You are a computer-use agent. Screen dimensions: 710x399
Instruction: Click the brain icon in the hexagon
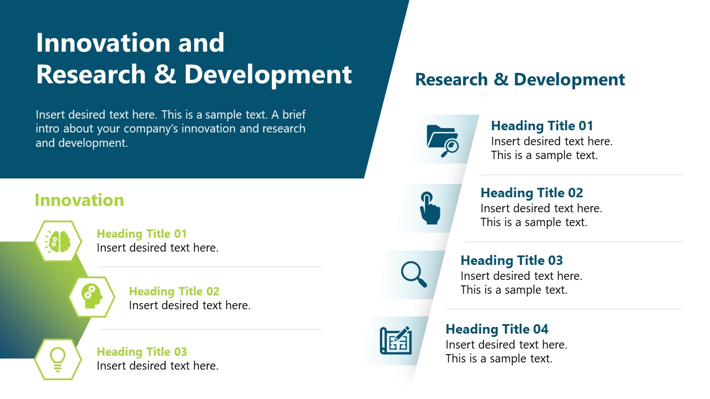[57, 242]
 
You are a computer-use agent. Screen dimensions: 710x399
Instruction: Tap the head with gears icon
[92, 296]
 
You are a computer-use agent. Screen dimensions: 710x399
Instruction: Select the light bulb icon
[58, 360]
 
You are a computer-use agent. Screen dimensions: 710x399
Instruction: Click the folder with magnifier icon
[443, 141]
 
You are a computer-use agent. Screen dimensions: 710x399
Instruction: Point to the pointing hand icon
[429, 208]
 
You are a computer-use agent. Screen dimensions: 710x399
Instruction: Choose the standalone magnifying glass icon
[414, 274]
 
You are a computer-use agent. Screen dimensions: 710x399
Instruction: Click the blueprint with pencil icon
[396, 340]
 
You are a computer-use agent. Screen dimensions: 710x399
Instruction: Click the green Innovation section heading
[79, 200]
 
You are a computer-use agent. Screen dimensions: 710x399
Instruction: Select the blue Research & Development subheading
[520, 79]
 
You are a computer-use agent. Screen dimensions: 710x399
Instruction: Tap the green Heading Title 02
[174, 291]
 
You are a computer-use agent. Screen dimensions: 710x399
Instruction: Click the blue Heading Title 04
[496, 329]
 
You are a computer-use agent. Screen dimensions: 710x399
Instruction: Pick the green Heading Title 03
[141, 352]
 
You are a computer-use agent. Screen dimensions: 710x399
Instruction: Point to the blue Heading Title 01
[542, 126]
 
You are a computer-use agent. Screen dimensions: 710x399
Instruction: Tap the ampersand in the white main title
[165, 74]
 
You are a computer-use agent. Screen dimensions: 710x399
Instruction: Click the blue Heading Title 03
[511, 260]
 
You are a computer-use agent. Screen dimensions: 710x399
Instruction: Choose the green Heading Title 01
[141, 234]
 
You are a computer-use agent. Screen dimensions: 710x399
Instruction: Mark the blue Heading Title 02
[531, 193]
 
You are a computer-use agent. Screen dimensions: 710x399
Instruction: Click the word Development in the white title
[268, 75]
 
